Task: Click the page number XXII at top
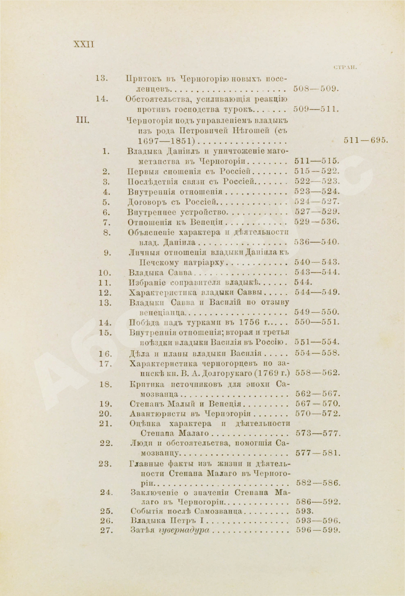click(84, 44)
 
